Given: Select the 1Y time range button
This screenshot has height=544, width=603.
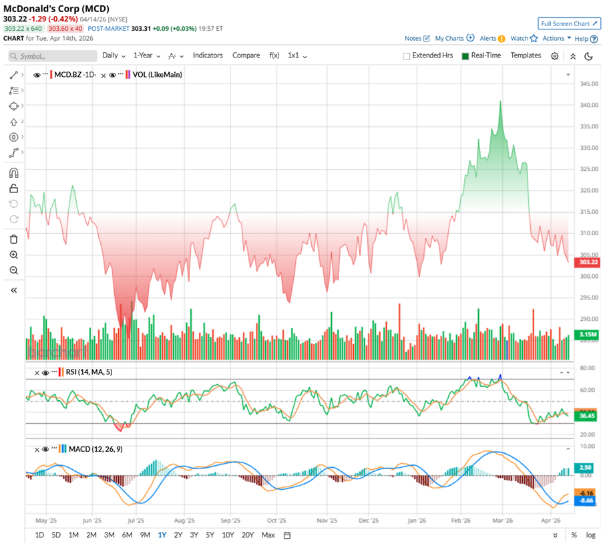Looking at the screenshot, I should (x=162, y=535).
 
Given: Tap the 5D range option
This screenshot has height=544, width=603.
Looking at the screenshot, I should (x=56, y=535).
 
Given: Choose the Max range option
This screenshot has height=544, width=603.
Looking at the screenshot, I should (x=268, y=535).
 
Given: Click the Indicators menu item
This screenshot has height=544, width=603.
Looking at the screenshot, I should (x=208, y=55).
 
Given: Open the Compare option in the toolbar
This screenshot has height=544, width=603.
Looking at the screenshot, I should (x=246, y=55).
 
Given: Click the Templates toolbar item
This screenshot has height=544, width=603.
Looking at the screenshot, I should (x=526, y=55).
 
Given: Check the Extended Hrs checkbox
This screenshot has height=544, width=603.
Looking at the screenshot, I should (x=407, y=56).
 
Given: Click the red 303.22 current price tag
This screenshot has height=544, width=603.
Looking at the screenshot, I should (x=588, y=263).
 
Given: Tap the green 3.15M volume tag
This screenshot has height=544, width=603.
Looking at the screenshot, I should (x=588, y=334).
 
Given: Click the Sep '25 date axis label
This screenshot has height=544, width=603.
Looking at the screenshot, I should (x=230, y=519).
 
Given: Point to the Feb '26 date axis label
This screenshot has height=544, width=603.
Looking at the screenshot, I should (x=461, y=519).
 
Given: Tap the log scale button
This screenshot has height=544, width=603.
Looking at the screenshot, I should (x=590, y=535).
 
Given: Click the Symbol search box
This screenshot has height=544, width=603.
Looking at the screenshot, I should (x=53, y=56).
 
